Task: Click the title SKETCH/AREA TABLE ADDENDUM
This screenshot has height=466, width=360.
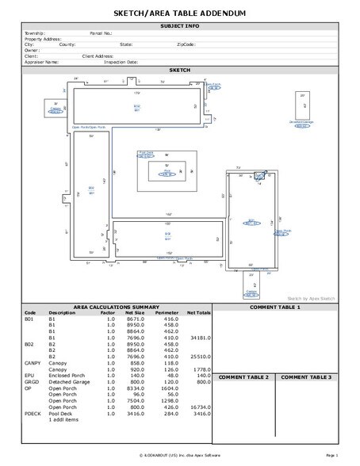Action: [x=180, y=14]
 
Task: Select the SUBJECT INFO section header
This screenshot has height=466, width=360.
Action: [x=180, y=26]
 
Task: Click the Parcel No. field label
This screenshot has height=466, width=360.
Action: [x=102, y=33]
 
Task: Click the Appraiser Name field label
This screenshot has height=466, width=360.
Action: [x=41, y=61]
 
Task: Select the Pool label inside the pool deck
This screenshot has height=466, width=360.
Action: [x=167, y=171]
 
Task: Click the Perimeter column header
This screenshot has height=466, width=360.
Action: [x=167, y=312]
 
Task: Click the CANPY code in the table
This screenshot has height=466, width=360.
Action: [x=33, y=362]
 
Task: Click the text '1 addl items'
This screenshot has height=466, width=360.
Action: [x=63, y=420]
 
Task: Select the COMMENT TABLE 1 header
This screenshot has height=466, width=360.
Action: [x=275, y=307]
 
